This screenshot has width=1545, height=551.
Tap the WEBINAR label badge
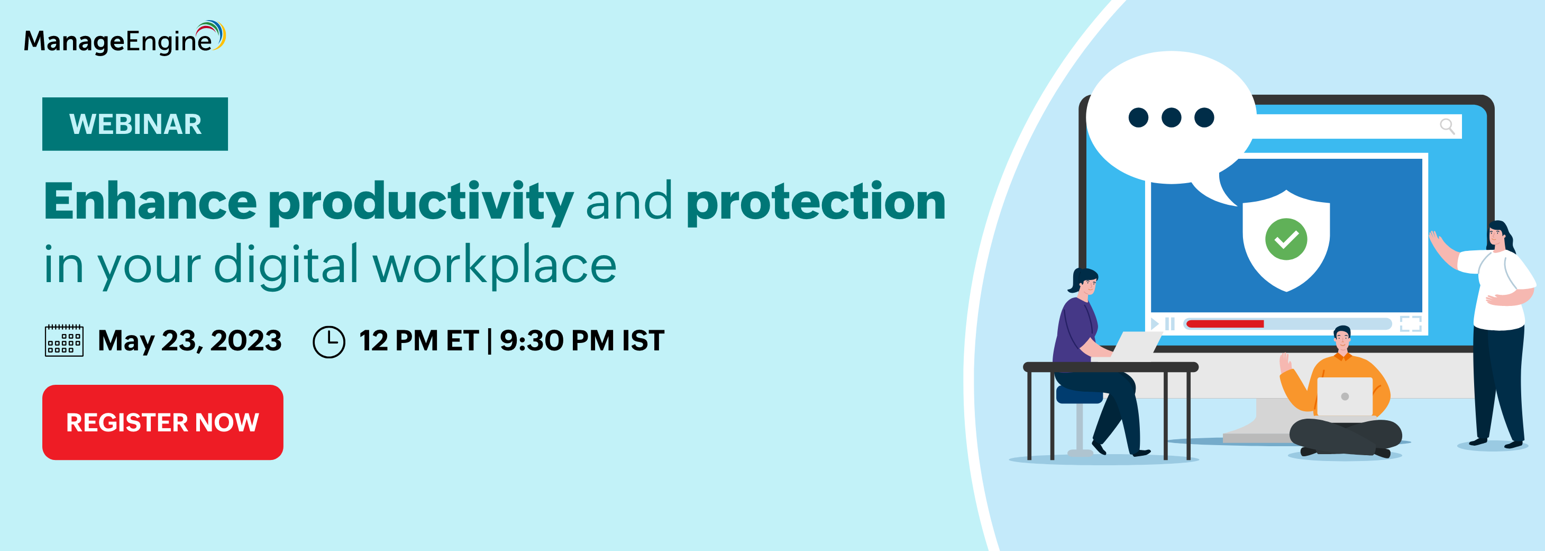[135, 124]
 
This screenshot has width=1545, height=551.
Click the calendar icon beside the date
[64, 340]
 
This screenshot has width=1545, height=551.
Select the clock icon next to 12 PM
[328, 341]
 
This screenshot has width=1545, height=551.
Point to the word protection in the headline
[816, 202]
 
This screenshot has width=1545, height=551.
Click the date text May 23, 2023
[189, 341]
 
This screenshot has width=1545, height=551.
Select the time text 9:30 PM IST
[582, 340]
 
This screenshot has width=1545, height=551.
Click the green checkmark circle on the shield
[1286, 239]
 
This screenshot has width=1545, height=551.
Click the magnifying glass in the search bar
[1447, 126]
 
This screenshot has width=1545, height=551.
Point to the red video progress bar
[1224, 323]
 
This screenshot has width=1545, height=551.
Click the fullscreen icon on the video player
[1411, 323]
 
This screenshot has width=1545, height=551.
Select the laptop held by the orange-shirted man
[1345, 397]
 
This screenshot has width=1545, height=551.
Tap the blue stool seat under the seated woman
[1079, 395]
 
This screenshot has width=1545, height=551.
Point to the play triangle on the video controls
[1155, 323]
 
